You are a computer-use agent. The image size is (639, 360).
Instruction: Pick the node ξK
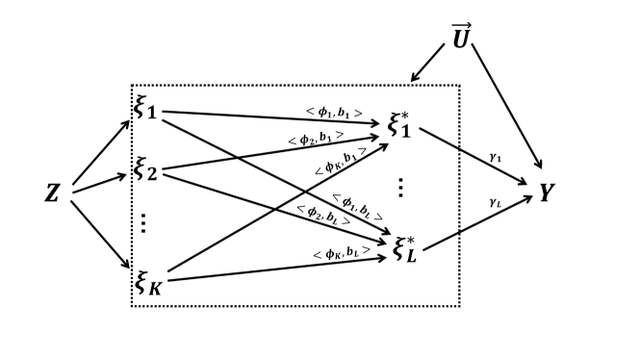coord(148,281)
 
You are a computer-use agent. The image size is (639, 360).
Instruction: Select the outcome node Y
coord(547,193)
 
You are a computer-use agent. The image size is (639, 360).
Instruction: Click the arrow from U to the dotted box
coord(427,65)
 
